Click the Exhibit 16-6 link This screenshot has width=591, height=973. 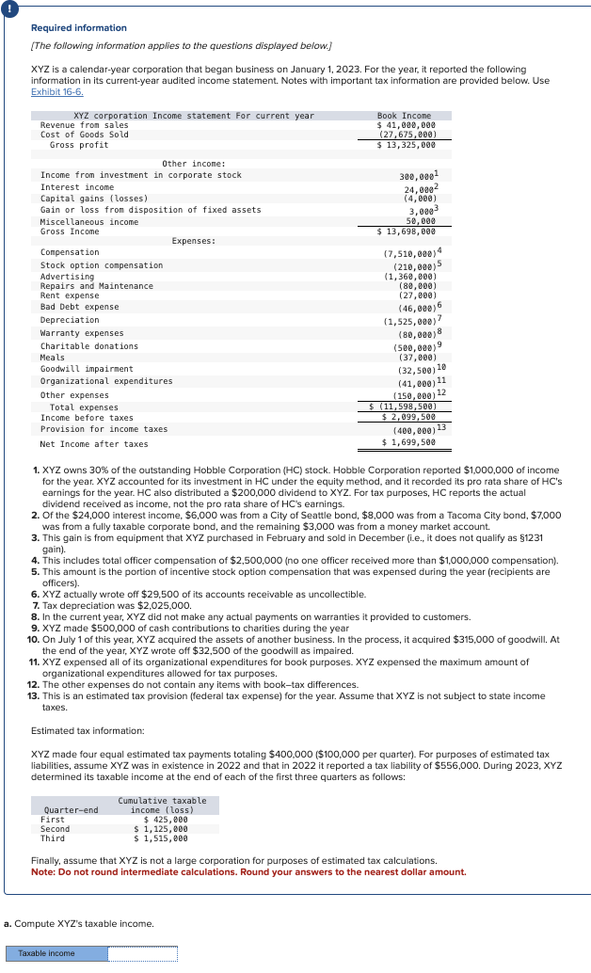[x=57, y=91]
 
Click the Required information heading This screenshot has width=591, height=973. [x=79, y=28]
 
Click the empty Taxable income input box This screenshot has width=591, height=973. [x=142, y=953]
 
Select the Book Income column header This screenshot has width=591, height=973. [x=404, y=115]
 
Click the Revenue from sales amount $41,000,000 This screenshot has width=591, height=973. [x=406, y=124]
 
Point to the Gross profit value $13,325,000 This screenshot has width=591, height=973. [x=406, y=145]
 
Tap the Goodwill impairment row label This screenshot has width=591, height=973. [x=87, y=369]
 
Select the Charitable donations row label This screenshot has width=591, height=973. [x=89, y=346]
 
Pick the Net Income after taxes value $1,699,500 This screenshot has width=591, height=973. [x=408, y=442]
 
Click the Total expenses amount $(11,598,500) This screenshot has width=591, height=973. [x=404, y=407]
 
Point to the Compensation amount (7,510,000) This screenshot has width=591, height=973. [x=409, y=253]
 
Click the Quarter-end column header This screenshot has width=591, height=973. [x=71, y=809]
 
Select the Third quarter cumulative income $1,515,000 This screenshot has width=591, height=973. [x=160, y=837]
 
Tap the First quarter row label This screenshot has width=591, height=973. [x=53, y=819]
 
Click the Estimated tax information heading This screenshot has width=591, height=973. [x=88, y=729]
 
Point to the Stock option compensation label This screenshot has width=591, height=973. [x=102, y=265]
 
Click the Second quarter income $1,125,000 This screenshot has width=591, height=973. [x=160, y=828]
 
